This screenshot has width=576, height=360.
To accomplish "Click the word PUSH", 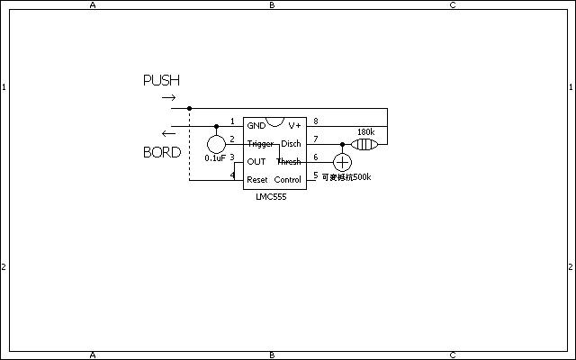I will point(161,81).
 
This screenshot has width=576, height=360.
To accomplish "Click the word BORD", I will point(162,152).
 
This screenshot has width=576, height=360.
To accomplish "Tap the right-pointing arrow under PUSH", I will point(168,96).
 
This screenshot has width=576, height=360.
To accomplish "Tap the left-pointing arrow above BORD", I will point(168,132).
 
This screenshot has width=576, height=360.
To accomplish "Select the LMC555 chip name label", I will point(271,196).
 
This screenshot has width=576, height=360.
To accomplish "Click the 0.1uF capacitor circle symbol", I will point(216,144).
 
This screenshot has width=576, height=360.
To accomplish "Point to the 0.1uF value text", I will point(215,157).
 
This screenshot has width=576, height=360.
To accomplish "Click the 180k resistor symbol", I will point(363,143).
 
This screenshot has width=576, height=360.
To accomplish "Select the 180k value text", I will point(365,131).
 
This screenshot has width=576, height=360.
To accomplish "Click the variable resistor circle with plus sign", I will point(342,162).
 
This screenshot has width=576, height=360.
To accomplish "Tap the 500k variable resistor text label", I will point(346,176).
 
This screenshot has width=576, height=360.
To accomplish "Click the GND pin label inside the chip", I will point(256,126).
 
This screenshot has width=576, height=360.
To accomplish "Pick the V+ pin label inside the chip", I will point(294,126).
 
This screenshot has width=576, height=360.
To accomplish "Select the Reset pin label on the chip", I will point(257,180).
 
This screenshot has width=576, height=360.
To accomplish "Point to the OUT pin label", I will point(256,162).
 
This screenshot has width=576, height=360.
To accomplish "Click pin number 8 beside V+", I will point(315,121).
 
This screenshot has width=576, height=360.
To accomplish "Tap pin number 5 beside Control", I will point(315,175).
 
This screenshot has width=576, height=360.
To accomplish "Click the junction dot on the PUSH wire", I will point(189,108).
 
